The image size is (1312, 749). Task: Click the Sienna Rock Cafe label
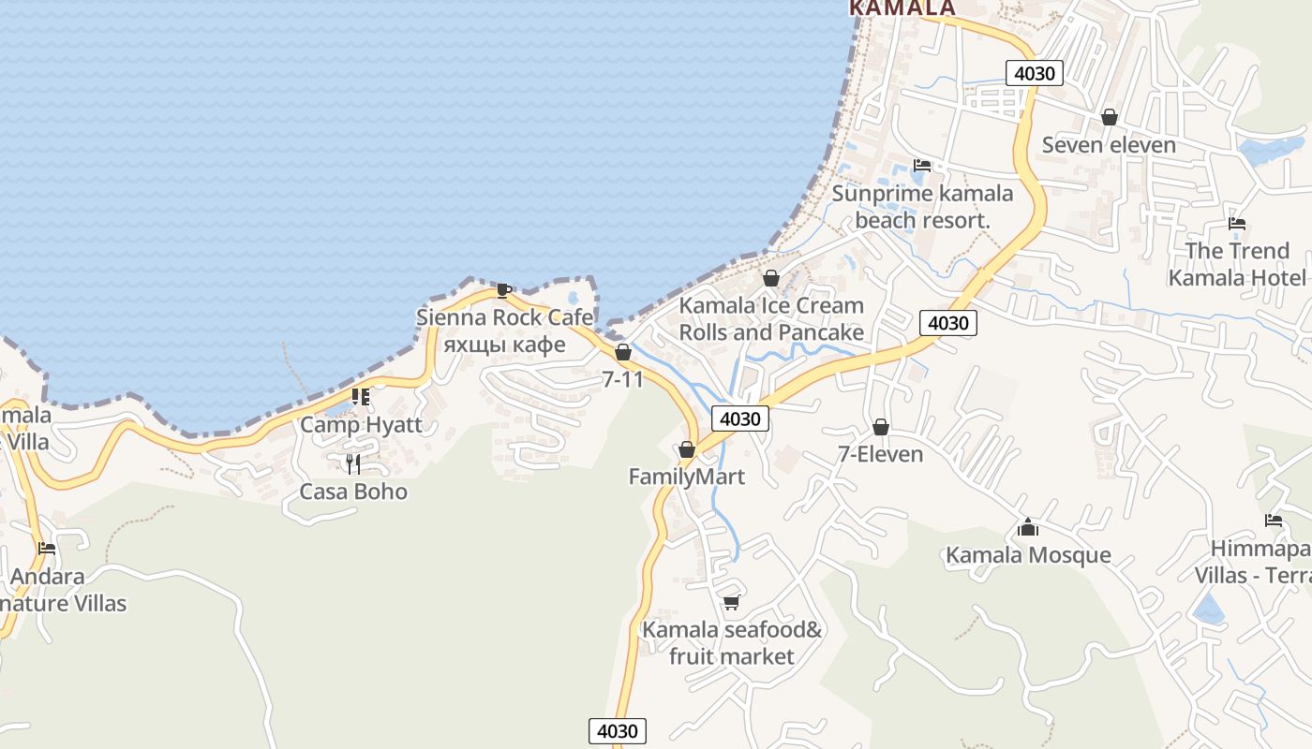(x=504, y=317)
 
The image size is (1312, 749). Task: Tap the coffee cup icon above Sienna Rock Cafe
(x=503, y=290)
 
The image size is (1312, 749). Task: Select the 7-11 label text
(x=622, y=379)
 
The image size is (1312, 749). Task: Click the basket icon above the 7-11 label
(x=622, y=353)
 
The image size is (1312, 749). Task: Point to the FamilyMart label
(x=687, y=477)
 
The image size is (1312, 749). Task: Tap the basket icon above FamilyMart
(x=687, y=450)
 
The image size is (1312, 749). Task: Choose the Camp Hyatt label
(x=361, y=424)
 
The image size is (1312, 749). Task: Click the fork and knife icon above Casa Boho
(x=353, y=463)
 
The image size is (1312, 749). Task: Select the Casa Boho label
(x=353, y=492)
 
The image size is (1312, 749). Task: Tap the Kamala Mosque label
(x=1028, y=554)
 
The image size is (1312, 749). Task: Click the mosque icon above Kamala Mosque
(x=1028, y=528)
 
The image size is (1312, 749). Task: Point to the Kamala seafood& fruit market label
(x=732, y=643)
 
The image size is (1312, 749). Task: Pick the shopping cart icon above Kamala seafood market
(x=731, y=603)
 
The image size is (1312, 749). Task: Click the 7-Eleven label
(x=880, y=454)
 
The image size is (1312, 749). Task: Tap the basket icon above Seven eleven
(x=1110, y=118)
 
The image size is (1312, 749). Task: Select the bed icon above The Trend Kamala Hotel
(x=1237, y=224)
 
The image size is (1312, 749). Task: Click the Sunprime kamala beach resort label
(x=923, y=207)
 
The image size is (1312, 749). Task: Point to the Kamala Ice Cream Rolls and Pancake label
(x=771, y=318)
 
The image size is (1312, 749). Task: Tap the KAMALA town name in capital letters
(x=902, y=7)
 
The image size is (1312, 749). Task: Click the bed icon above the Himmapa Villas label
(x=1273, y=521)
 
